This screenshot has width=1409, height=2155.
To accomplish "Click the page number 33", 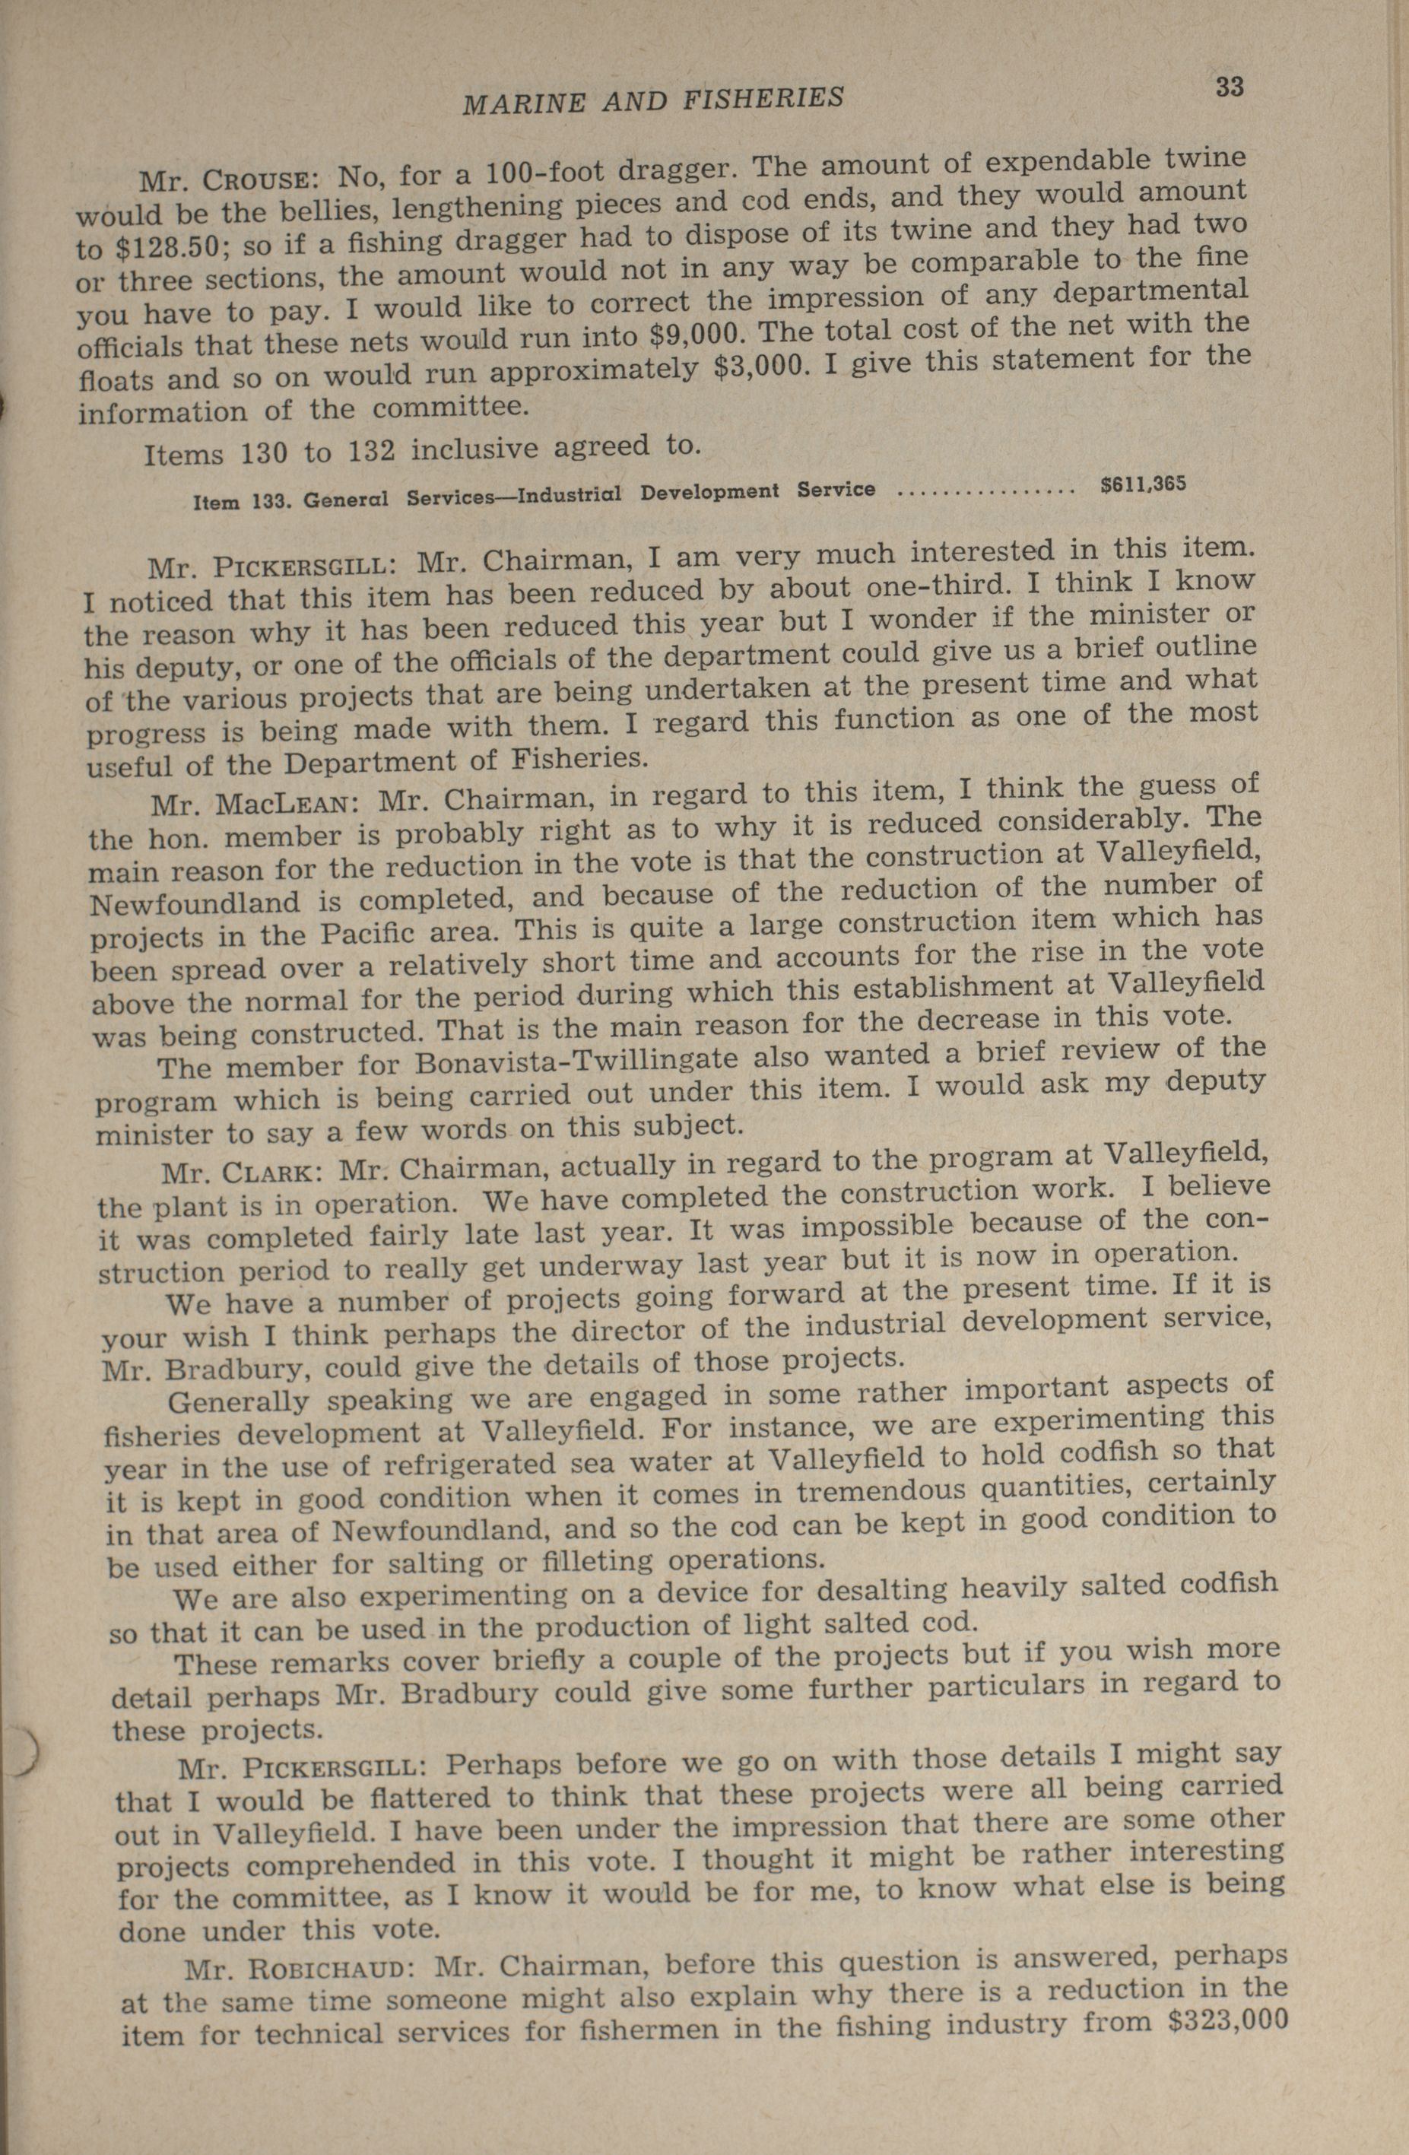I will (1229, 87).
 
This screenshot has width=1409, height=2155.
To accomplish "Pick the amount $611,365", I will (1143, 484).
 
